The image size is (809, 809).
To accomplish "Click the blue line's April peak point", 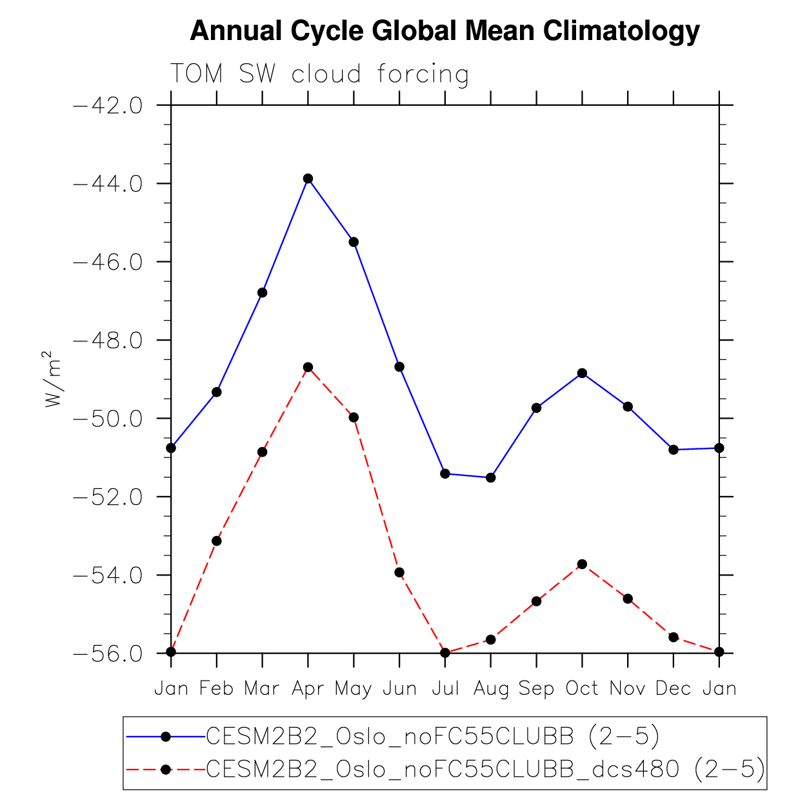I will (x=308, y=179).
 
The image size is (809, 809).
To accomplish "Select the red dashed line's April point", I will (x=308, y=367).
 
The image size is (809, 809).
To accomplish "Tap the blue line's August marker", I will (x=491, y=477).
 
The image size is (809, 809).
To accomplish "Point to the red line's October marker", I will (x=582, y=564).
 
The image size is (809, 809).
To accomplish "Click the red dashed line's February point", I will (x=217, y=541).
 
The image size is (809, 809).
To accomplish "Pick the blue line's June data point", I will (x=399, y=366).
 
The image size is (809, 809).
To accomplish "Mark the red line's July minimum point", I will (x=445, y=652).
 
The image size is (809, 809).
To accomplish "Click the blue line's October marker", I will (x=582, y=373).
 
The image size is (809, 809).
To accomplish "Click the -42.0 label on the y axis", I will (x=108, y=105).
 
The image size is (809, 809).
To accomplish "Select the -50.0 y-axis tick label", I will (x=108, y=419).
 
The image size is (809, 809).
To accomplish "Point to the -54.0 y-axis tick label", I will (x=108, y=575).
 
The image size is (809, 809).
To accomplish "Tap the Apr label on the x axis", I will (x=308, y=689).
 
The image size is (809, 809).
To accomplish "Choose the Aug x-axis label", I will (x=491, y=689).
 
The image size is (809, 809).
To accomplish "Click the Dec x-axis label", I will (x=674, y=689).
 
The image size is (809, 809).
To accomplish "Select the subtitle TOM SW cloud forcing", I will (x=319, y=74).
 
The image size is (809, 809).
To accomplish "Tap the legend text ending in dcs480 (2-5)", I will (x=485, y=769).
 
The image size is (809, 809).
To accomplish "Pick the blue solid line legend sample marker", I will (x=166, y=736).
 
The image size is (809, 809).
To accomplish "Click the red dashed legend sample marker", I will (x=166, y=769).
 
